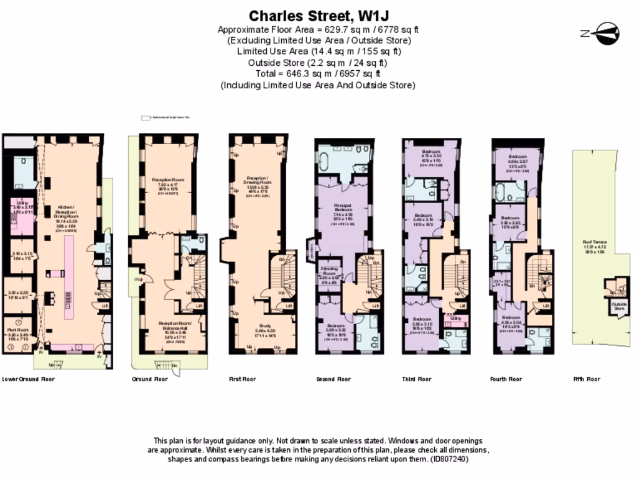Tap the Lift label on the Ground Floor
200,306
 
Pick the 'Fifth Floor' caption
587,379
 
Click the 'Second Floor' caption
333,379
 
